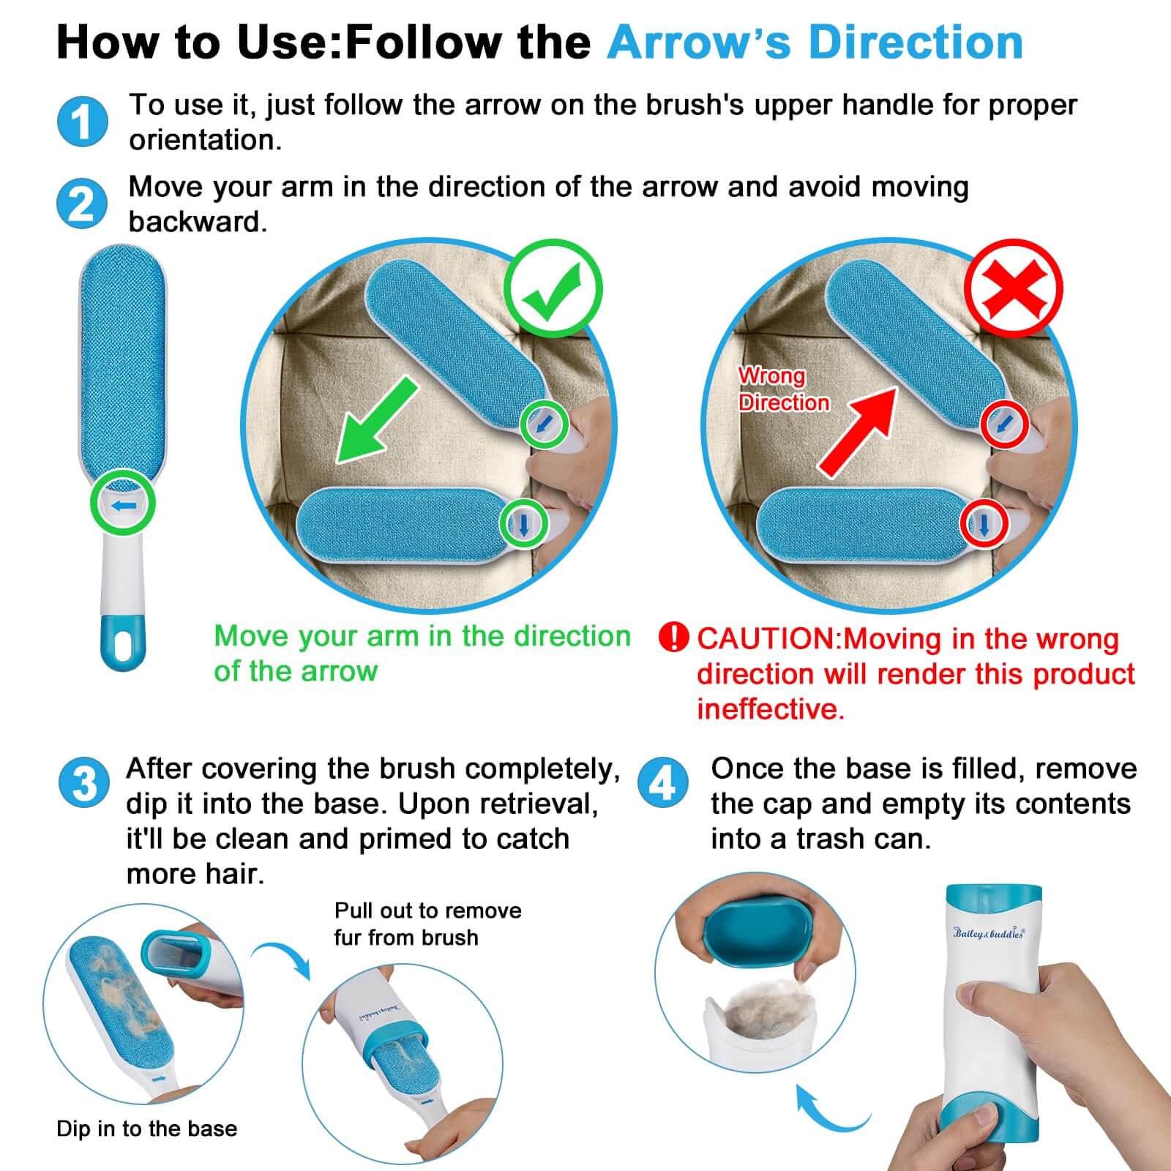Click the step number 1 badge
coord(83,121)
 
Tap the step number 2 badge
coord(82,203)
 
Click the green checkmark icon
coord(553,288)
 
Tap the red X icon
coord(1014,288)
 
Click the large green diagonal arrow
coord(376,420)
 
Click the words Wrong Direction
coord(784,389)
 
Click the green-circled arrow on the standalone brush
coord(123,504)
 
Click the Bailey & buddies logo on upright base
coord(989,932)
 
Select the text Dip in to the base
coord(147,1129)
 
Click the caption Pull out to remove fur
coord(428,924)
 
